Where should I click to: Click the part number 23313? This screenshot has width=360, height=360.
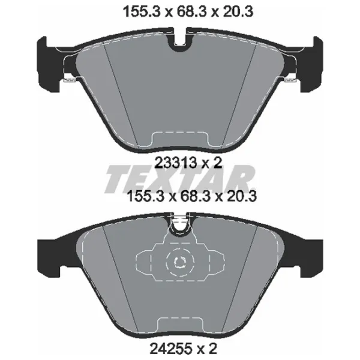[x=176, y=163]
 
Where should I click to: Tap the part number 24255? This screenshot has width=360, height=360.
[x=171, y=349]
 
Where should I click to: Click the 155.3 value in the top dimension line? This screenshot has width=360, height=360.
[x=142, y=12]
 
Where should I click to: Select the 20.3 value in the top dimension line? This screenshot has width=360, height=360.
[x=238, y=12]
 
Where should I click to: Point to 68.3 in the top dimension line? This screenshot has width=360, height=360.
[x=192, y=12]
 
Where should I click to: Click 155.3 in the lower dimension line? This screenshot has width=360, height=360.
[x=145, y=197]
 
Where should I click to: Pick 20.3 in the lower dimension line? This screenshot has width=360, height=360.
[x=242, y=197]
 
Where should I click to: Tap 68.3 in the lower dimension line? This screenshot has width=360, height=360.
[x=196, y=197]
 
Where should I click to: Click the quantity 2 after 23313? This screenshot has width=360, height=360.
[x=218, y=163]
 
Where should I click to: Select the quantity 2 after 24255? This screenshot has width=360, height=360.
[x=212, y=349]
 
